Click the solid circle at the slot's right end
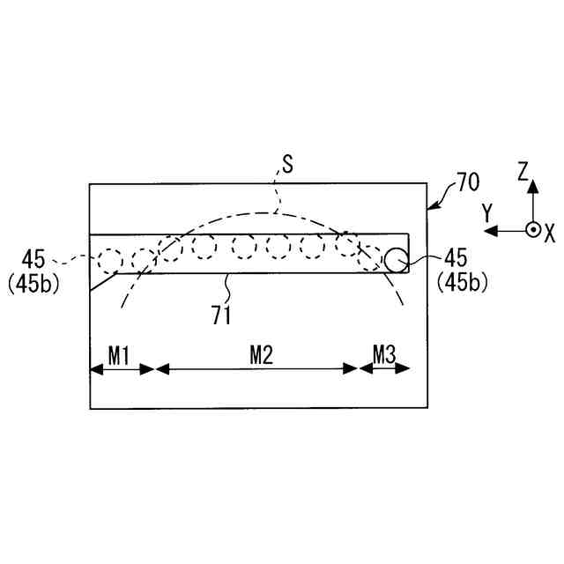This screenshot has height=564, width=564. [395, 258]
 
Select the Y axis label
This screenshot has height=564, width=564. [486, 211]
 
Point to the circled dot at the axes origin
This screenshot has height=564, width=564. [531, 230]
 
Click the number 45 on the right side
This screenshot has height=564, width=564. [457, 258]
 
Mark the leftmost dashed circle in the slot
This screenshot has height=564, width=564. [110, 260]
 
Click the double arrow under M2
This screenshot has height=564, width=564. [256, 369]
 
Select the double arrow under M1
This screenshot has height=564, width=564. [122, 369]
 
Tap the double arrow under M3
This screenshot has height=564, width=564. [385, 369]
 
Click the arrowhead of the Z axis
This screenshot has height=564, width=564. [531, 189]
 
